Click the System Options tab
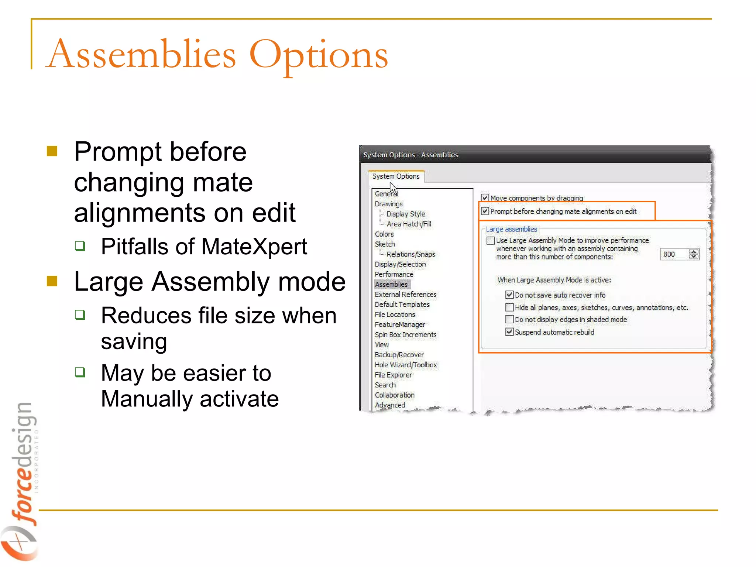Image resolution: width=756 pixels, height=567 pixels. coord(396,176)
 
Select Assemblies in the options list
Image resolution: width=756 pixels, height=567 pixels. coord(391,284)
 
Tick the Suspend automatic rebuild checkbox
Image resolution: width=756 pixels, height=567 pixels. coord(509,332)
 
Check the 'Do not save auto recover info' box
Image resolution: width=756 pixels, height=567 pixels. coord(509,295)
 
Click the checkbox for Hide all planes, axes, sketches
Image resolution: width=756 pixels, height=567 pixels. coord(509,307)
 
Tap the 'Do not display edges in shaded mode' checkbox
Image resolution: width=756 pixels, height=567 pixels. coord(509,319)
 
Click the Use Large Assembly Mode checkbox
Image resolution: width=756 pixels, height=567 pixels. coord(491,241)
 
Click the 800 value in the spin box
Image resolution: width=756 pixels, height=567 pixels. coord(669,254)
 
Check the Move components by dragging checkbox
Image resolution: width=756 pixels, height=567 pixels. coord(485,198)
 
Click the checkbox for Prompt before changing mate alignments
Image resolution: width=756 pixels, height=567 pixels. coord(485,212)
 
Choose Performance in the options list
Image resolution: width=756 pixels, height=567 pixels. coord(394,274)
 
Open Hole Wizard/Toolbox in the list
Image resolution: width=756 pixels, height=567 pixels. coord(406,365)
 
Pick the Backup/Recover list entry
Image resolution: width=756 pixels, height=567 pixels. coord(399,355)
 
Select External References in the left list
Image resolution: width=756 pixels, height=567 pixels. coord(405,294)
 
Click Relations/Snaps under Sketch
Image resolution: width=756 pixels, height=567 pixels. coord(410,254)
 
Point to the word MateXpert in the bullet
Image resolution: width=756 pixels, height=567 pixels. coord(254,247)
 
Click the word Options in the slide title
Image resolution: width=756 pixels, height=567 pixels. coord(319,55)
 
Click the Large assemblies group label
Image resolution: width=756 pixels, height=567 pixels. coord(511,229)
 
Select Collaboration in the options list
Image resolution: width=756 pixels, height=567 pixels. coord(395,395)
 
